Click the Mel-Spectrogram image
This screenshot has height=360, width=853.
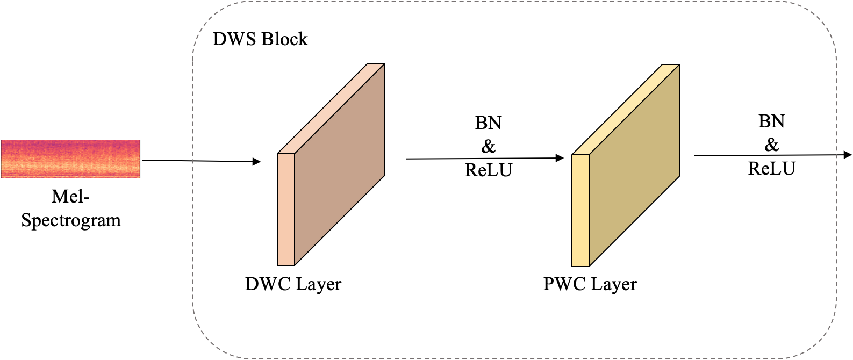(70, 159)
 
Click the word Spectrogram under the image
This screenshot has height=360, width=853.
(71, 221)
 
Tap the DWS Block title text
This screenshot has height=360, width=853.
(260, 39)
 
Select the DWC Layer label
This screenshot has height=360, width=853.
(293, 284)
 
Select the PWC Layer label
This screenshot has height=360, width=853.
(590, 284)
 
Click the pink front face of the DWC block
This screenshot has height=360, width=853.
(286, 210)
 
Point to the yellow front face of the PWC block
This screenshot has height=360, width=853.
(580, 210)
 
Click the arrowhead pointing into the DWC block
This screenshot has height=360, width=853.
(257, 161)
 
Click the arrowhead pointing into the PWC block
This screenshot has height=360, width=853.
(560, 158)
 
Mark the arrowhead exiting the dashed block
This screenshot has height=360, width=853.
(848, 155)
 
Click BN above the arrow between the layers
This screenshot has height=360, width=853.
(488, 123)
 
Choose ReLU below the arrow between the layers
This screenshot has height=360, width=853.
(488, 170)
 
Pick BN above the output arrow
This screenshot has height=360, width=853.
(771, 121)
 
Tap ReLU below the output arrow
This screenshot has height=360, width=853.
(771, 169)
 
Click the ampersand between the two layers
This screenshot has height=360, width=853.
(488, 146)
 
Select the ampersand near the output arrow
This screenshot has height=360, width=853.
(771, 145)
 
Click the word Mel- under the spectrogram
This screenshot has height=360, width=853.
(70, 197)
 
